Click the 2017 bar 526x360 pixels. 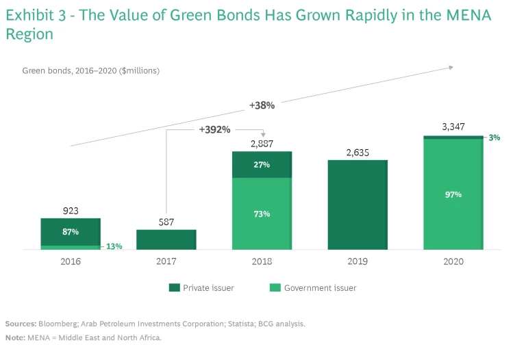(166, 240)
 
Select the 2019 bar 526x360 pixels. (358, 205)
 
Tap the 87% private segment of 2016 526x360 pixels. (70, 232)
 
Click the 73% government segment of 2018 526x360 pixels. (262, 214)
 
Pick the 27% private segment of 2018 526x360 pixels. (262, 165)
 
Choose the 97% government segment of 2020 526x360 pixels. (453, 195)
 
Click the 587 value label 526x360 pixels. (166, 222)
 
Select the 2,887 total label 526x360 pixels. (262, 144)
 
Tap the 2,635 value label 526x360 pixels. (358, 153)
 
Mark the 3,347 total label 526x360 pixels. (453, 127)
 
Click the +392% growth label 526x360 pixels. (214, 129)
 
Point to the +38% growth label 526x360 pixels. (262, 105)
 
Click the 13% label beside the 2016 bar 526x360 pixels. (113, 246)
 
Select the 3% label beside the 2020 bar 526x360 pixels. (494, 137)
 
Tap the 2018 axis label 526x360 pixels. (262, 261)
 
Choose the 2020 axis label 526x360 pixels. (453, 261)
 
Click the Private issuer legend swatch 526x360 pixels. (174, 288)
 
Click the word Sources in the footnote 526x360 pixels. (21, 323)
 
